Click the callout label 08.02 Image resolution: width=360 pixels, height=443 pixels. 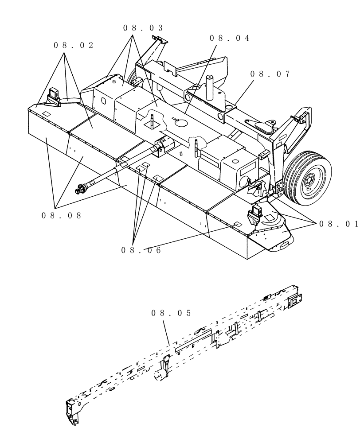click(x=74, y=46)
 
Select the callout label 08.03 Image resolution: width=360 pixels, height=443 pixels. click(x=143, y=28)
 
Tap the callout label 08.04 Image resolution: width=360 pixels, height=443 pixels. click(x=229, y=38)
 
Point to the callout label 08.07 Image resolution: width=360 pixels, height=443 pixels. click(x=270, y=74)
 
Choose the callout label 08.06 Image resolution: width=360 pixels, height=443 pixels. click(x=141, y=250)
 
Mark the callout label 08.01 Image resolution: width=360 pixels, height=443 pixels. click(x=338, y=224)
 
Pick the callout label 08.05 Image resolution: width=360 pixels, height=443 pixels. click(x=171, y=313)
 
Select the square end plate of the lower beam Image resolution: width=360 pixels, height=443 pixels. click(x=293, y=302)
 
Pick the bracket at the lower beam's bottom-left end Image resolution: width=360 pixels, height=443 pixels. click(x=71, y=411)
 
